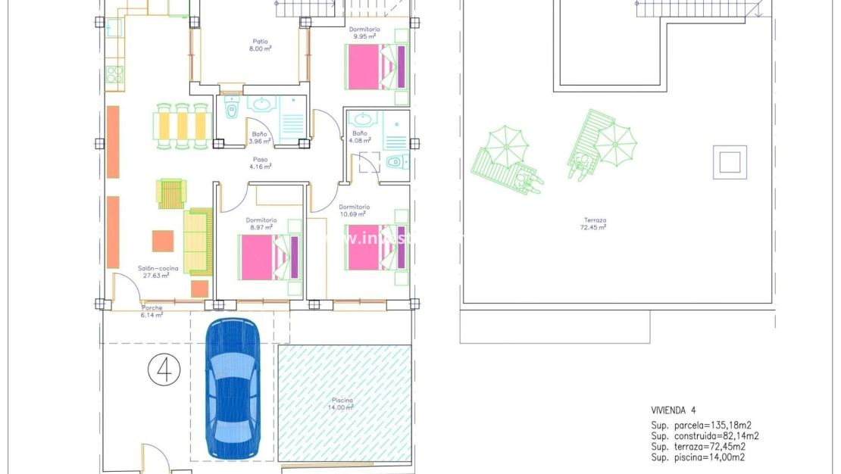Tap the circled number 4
click(163, 370)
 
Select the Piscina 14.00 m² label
click(342, 404)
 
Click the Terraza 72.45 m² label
click(593, 223)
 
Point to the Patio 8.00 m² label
click(261, 45)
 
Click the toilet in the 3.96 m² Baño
click(233, 111)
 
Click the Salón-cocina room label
click(153, 271)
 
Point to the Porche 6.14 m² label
click(152, 311)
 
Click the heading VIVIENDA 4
click(673, 410)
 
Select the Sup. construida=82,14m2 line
click(705, 435)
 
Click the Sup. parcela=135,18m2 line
click(702, 425)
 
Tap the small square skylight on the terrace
click(730, 162)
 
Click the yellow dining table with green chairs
click(181, 125)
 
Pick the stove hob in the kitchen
click(114, 73)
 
